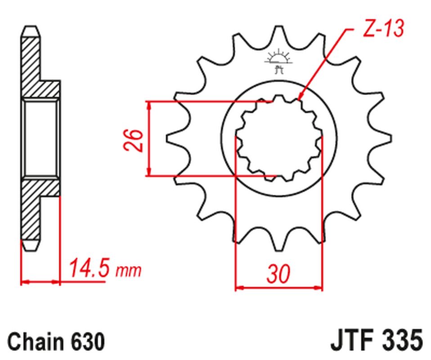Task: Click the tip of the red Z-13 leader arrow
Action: click(x=299, y=100)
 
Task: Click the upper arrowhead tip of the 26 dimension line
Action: click(x=149, y=102)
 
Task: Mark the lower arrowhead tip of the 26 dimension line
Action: click(x=149, y=175)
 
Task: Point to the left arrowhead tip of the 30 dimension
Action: click(x=236, y=288)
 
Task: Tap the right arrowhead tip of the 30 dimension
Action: click(x=322, y=288)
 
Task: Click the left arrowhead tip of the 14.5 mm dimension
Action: click(x=22, y=282)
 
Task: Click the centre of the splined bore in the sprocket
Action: click(x=279, y=138)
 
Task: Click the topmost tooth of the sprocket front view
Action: click(x=279, y=33)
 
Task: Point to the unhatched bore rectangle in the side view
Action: click(x=40, y=138)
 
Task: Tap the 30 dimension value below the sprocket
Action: click(x=278, y=274)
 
